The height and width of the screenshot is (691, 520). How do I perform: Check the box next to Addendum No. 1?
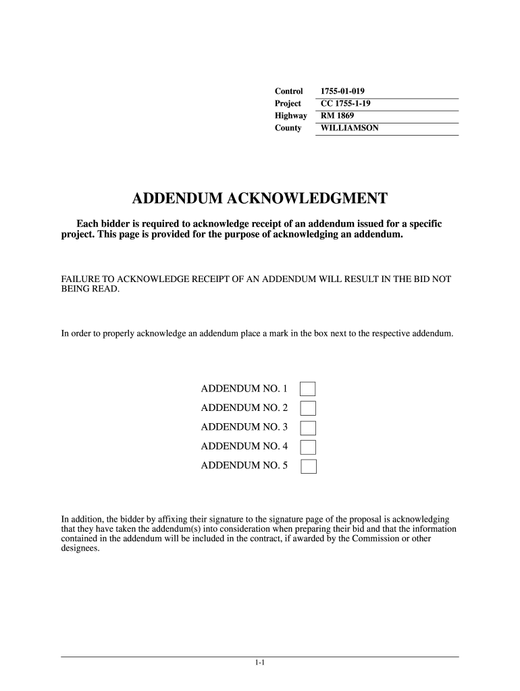tap(308, 389)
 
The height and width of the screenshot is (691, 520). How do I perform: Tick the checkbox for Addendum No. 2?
tap(308, 408)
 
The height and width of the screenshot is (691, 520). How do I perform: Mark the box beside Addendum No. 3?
tap(308, 427)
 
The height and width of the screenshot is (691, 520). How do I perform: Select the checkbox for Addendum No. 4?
tap(308, 446)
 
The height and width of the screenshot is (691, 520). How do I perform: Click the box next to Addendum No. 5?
tap(308, 466)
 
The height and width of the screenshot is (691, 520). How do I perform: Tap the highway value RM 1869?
tap(338, 115)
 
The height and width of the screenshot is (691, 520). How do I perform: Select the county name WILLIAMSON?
tap(350, 128)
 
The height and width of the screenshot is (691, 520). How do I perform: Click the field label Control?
tap(288, 91)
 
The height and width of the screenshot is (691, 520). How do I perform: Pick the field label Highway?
tap(290, 115)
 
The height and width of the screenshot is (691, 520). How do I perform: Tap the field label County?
tap(288, 128)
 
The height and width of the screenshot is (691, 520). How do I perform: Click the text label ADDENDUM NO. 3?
tap(244, 427)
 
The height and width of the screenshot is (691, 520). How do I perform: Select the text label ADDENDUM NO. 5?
tap(244, 466)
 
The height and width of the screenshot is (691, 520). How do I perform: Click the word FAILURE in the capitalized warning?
tap(79, 279)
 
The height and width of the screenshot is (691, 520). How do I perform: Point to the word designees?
tap(80, 549)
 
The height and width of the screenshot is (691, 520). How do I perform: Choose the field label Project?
tap(288, 103)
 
